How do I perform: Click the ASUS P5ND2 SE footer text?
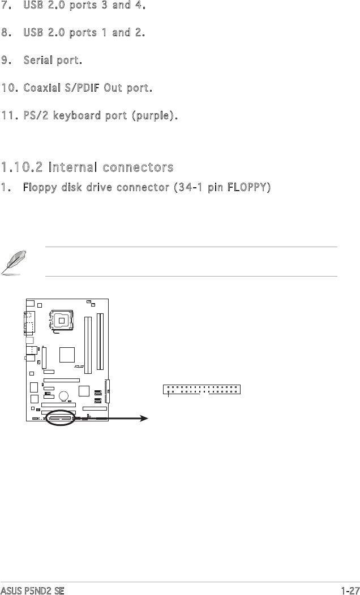(x=33, y=590)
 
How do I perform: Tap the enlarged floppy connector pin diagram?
(x=202, y=390)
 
